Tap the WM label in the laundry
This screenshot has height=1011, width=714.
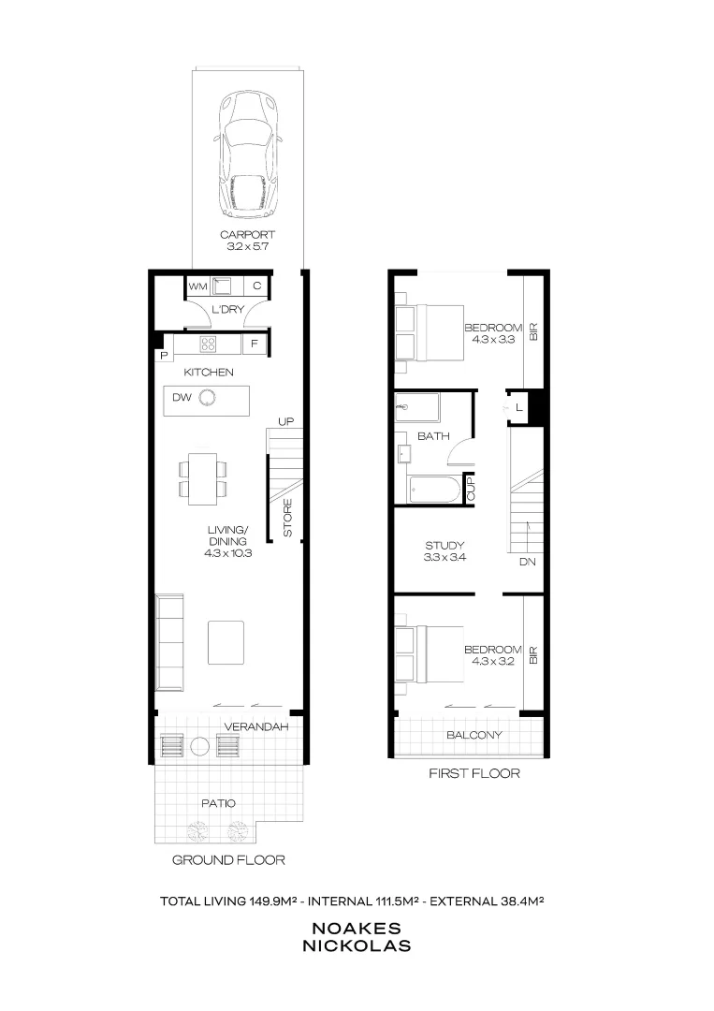197,286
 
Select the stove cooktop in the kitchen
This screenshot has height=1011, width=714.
208,344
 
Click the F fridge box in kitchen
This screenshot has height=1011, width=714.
253,344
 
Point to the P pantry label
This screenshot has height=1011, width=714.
163,355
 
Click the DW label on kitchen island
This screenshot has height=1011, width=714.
181,398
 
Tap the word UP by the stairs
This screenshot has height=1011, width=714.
286,422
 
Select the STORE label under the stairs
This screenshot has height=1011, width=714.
287,517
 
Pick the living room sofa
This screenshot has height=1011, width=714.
168,642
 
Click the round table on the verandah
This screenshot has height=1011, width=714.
199,746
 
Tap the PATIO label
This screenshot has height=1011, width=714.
218,803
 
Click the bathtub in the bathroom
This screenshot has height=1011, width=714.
434,490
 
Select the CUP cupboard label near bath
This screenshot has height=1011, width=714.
470,489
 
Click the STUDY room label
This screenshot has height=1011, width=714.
444,545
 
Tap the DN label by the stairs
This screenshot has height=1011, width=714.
527,563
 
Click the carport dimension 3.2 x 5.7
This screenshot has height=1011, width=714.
248,247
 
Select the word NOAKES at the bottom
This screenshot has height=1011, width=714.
356,929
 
